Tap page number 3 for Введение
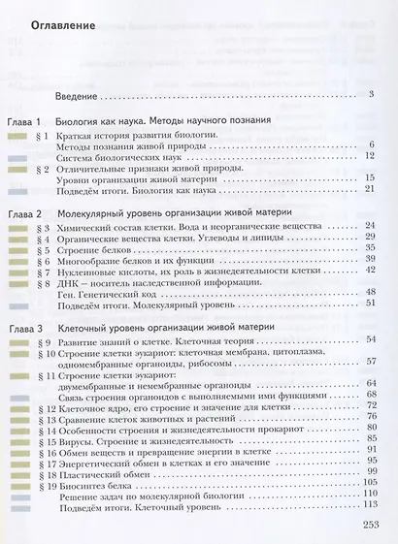click(x=372, y=94)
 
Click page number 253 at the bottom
click(x=370, y=525)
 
